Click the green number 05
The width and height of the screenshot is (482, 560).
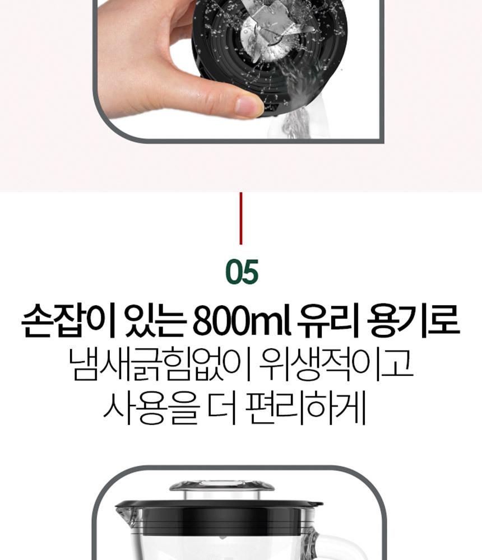coord(242,272)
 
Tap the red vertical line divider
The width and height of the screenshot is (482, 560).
coord(240,218)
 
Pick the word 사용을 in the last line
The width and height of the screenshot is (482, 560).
coord(151,408)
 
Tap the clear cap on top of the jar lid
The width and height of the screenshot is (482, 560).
coord(222,490)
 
